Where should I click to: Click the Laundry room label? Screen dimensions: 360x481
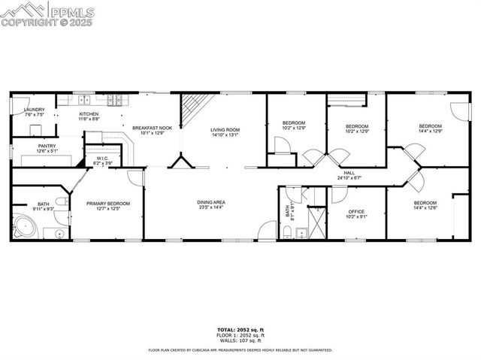pos(35,110)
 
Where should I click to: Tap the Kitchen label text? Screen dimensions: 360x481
pos(89,114)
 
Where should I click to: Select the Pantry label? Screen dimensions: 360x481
pos(47,146)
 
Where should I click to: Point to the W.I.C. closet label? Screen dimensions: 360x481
pos(103,159)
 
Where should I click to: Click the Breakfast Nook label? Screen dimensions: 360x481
pos(153,128)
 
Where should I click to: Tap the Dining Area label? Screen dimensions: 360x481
pos(211,202)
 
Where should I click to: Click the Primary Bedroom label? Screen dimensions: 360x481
pos(107,203)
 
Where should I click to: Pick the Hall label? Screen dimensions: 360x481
pos(349,173)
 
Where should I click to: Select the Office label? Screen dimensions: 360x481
pos(357,213)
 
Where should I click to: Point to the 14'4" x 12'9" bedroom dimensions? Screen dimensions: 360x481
pos(430,131)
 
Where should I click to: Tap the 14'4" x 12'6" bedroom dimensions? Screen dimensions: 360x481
pos(425,209)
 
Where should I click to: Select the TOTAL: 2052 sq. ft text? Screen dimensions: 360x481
pos(240,330)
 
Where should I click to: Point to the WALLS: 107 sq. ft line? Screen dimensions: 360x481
pos(240,340)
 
